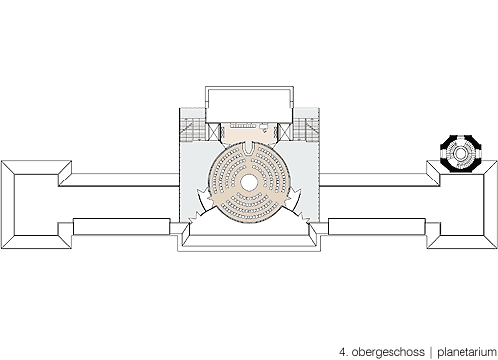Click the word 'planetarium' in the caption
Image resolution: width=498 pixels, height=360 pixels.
tap(466, 352)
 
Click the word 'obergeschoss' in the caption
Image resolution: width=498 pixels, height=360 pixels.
tap(388, 352)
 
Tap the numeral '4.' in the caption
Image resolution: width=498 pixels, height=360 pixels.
tap(344, 352)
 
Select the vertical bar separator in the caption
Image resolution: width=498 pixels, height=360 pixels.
tap(431, 352)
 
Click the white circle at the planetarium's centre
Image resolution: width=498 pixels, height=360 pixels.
tap(249, 182)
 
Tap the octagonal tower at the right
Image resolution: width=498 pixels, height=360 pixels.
tap(461, 153)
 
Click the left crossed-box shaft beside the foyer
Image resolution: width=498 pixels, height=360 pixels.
tap(214, 132)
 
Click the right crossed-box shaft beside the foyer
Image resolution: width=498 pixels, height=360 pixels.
tap(284, 132)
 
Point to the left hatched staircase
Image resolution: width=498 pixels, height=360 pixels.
tap(193, 130)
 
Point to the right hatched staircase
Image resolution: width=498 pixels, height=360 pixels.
tap(306, 130)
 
